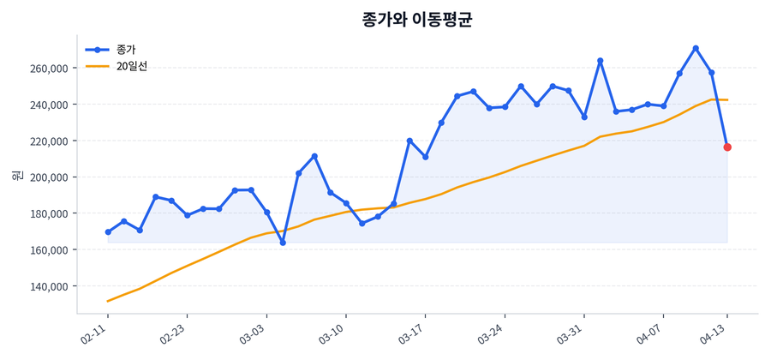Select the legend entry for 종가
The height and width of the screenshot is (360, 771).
coord(126,50)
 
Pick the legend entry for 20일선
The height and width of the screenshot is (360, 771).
coord(132,66)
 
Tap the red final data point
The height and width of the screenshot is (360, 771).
coord(727,147)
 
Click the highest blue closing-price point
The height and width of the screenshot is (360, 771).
coord(696,48)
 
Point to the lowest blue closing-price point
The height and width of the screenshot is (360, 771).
coord(283,243)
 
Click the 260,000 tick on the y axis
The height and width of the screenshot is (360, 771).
coord(48,69)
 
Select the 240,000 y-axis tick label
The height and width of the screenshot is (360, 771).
coord(48,105)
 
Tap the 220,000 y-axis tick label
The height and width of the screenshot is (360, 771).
coord(48,141)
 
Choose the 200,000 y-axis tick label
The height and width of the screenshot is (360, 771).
coord(48,177)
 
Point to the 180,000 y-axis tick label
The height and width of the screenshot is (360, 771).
coord(48,213)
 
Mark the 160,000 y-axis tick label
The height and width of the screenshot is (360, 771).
coord(48,249)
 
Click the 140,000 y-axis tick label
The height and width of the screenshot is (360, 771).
coord(48,286)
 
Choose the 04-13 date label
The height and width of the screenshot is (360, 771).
coord(717,333)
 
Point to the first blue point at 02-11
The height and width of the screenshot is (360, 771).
coord(108,232)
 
